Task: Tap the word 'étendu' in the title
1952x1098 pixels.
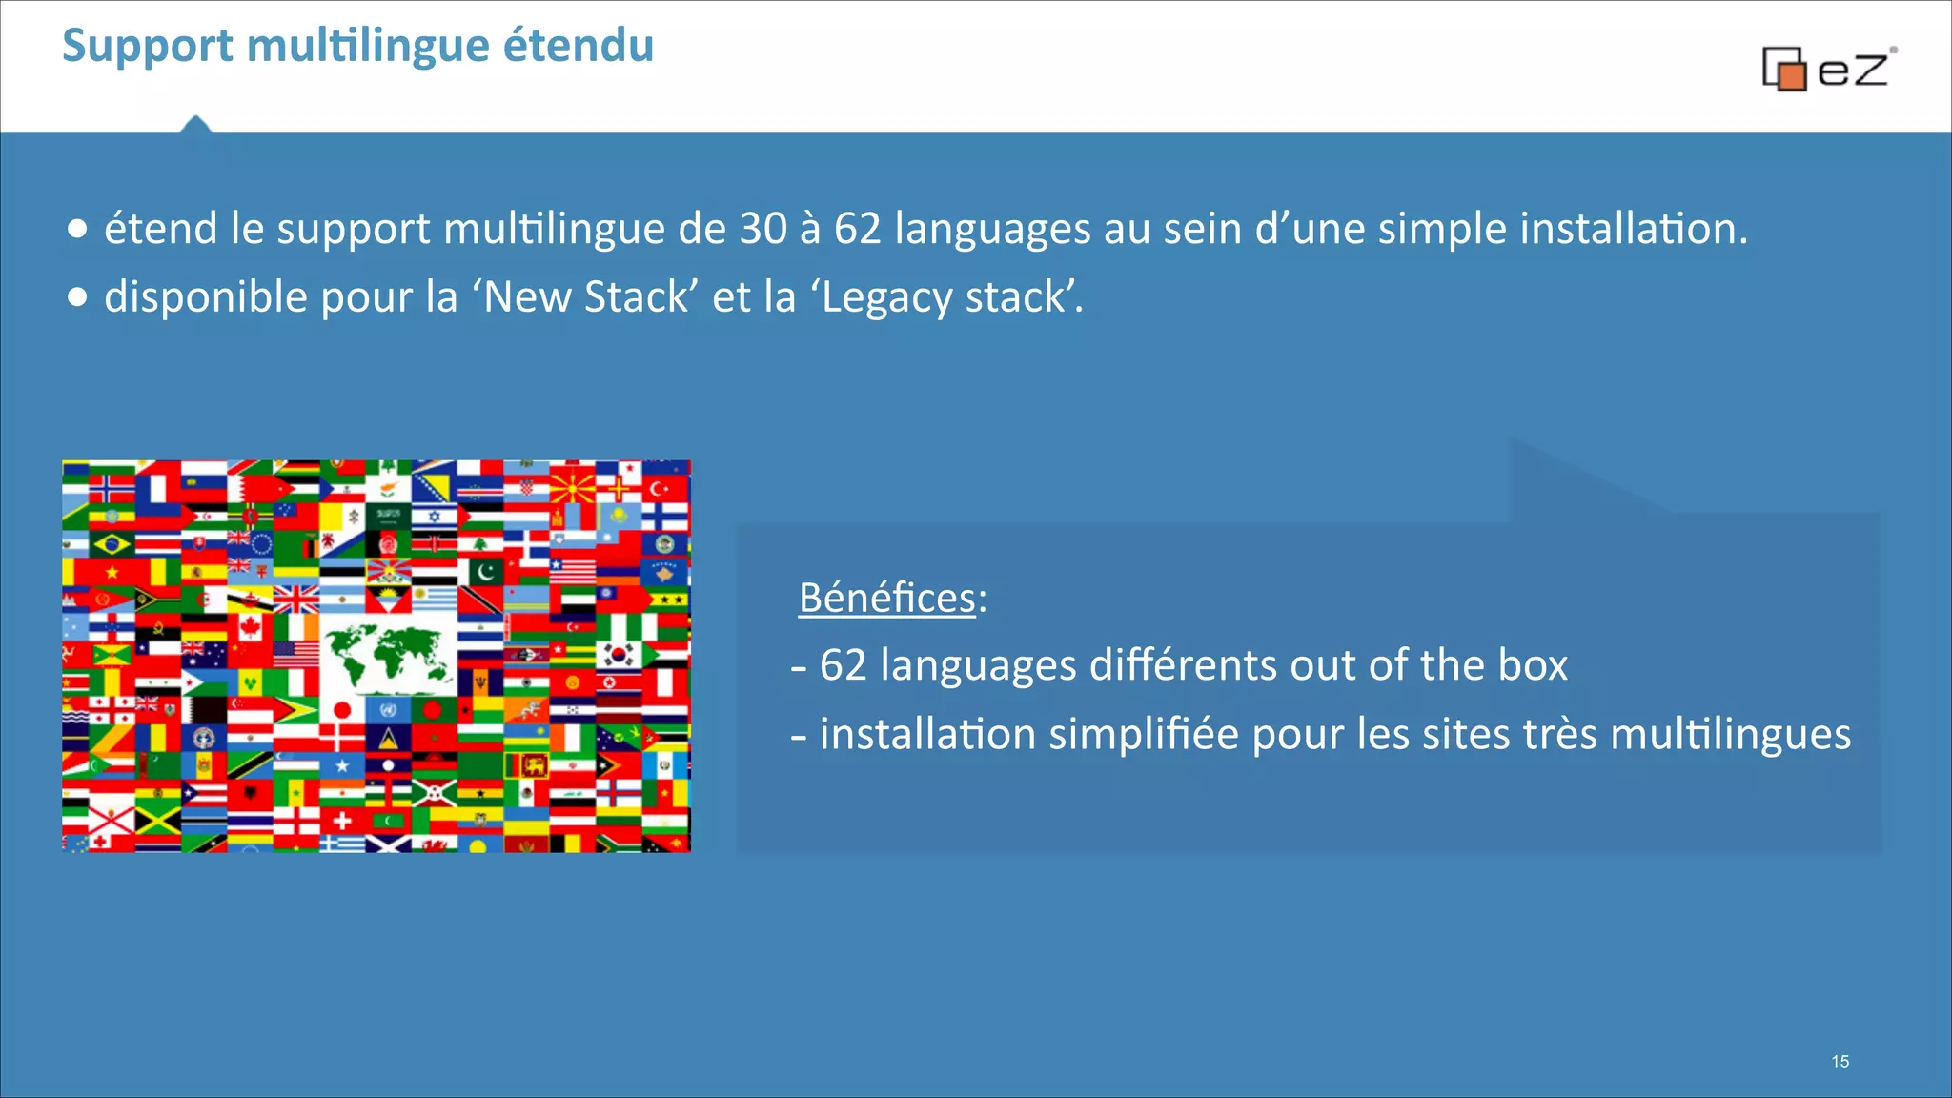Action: click(578, 45)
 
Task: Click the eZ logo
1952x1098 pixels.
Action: click(1827, 69)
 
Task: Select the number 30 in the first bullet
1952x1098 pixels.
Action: click(762, 229)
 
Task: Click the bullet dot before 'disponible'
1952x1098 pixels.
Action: click(77, 297)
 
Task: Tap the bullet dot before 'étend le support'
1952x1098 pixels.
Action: click(77, 229)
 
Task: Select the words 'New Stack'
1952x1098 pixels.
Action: click(585, 297)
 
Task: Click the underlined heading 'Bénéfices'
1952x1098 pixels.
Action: click(886, 599)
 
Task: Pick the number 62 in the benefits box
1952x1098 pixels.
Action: click(843, 665)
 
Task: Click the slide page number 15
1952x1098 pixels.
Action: click(1840, 1062)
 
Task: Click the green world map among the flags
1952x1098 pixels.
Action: click(386, 658)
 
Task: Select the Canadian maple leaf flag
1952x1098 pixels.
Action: click(251, 626)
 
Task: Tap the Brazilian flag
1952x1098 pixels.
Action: click(112, 545)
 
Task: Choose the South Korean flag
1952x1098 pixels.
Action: click(620, 655)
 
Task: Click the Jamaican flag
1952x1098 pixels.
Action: click(157, 819)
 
